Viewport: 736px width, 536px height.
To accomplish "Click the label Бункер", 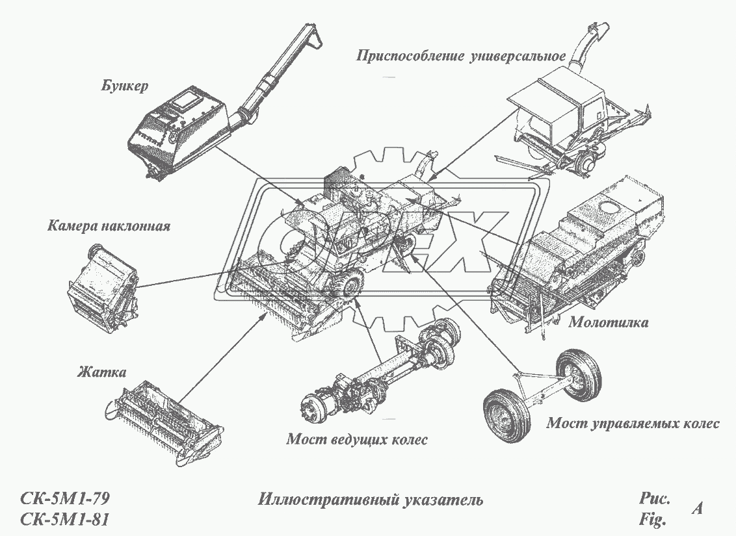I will click(125, 86).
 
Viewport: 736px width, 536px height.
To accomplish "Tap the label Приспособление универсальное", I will click(460, 55).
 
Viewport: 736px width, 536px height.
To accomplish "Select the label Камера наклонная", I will click(109, 227).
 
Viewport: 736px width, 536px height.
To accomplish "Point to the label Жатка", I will click(101, 372).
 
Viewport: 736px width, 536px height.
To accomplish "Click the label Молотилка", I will click(608, 322).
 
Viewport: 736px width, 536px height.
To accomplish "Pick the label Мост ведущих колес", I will click(357, 440).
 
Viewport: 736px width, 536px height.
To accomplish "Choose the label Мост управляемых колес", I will click(632, 424).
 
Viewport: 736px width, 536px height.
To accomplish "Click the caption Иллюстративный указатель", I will click(370, 500).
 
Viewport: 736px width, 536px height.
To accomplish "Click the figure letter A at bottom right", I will click(696, 509).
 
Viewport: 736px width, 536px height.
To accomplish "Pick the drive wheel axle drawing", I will click(377, 377).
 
